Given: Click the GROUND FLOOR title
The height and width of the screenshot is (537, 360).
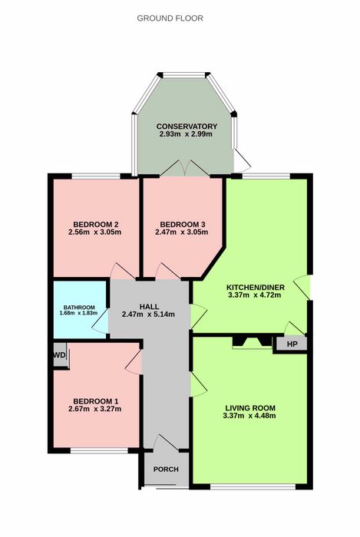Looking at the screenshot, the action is point(170,18).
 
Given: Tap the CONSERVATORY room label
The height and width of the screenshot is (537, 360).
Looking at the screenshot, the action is point(187,127).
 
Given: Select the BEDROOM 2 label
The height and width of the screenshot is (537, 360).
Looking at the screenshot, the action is point(96,225).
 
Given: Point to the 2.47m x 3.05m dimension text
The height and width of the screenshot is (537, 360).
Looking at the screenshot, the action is point(182,232).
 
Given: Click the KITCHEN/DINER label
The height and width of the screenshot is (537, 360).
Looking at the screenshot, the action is point(256,288).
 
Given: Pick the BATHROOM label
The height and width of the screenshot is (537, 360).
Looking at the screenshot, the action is point(79,308).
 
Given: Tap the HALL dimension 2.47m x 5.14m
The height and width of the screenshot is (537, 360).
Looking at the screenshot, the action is point(148,314).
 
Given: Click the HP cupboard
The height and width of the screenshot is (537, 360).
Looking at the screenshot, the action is point(292,344).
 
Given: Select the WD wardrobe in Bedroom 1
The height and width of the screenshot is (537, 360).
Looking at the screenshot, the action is point(60,354).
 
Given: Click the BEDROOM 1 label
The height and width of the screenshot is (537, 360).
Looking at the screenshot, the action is point(96,401).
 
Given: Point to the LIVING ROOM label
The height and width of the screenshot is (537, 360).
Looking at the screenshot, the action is point(250,408).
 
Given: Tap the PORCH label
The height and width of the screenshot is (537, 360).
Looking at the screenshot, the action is point(166,469).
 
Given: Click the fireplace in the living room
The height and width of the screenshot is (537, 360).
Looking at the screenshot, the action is point(252,343).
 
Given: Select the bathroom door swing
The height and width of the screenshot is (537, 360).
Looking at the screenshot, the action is point(100,322).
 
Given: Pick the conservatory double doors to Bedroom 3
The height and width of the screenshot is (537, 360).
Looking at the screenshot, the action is point(185,168).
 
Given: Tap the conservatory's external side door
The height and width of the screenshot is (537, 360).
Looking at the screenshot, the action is point(242,160).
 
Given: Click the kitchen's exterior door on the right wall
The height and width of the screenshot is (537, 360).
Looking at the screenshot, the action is point(302,288).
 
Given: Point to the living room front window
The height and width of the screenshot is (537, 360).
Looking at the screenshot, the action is point(253,486).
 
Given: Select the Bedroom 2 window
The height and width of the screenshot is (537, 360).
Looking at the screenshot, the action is point(96,176).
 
